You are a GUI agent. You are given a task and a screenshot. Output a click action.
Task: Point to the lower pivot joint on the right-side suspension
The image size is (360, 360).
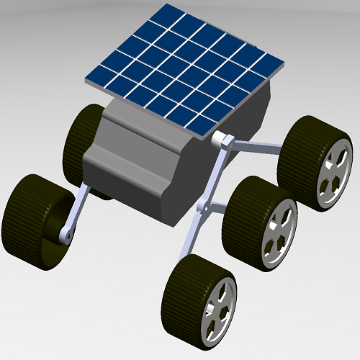[204, 209]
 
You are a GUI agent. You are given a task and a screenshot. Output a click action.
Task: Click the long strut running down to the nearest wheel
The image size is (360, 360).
[192, 238]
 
